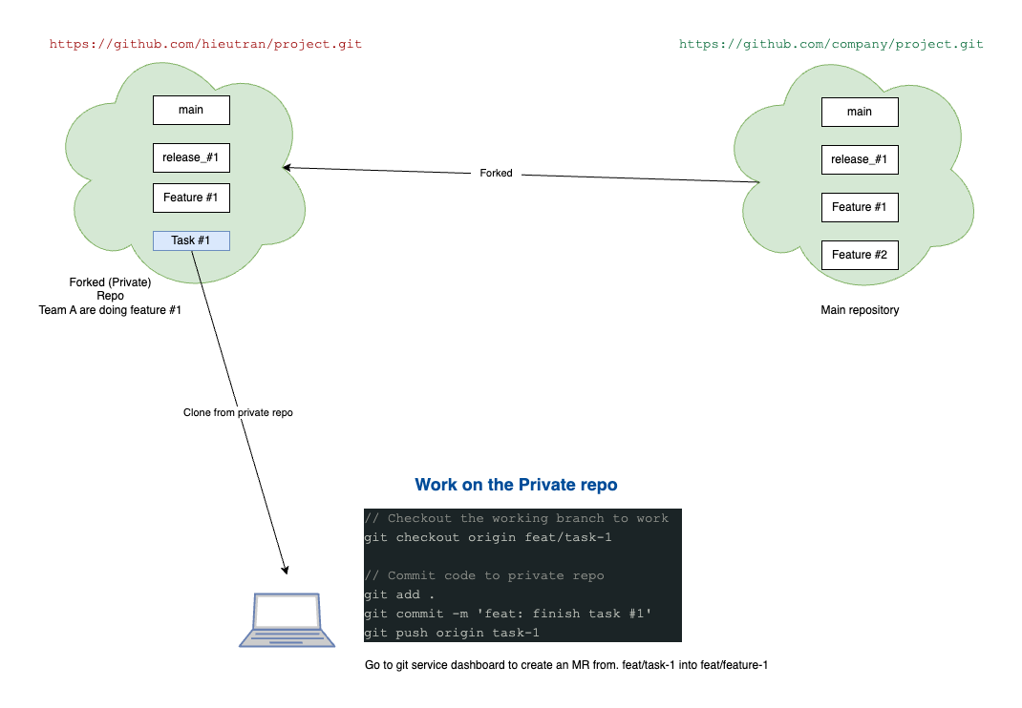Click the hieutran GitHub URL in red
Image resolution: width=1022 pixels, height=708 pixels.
(205, 44)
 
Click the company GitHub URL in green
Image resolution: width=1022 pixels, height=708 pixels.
(830, 44)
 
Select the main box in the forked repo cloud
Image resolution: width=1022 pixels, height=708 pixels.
(191, 110)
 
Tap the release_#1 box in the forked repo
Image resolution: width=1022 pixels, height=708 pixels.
(191, 157)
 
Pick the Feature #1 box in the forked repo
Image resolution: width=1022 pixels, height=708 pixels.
(191, 198)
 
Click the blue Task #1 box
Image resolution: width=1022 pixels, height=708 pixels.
(191, 240)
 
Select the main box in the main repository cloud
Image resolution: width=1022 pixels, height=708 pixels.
(860, 112)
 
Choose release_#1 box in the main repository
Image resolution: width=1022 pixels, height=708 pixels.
(860, 159)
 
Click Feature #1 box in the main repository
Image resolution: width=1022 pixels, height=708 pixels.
(860, 207)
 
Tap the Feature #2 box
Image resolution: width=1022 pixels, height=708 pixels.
(860, 255)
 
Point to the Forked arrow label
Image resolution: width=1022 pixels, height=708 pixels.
(496, 174)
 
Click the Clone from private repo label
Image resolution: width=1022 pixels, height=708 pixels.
(238, 413)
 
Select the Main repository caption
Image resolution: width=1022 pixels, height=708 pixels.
(860, 310)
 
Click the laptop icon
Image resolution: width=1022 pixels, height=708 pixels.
(286, 621)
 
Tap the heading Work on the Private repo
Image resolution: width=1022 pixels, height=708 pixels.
(516, 485)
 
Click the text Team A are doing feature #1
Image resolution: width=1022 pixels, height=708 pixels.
(110, 310)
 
